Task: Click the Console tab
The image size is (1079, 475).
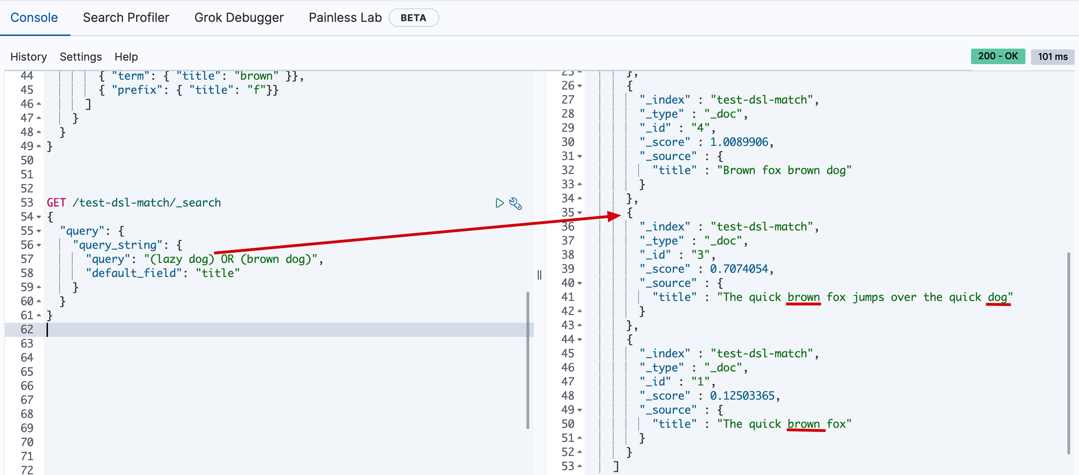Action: (x=34, y=18)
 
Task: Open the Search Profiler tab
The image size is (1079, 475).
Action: (x=126, y=18)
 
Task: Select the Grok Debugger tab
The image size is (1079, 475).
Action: (x=239, y=18)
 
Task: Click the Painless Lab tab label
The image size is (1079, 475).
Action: (x=345, y=18)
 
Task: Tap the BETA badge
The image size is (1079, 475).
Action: (x=413, y=18)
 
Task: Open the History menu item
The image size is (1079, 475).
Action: (x=29, y=56)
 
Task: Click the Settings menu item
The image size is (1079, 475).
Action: (x=81, y=56)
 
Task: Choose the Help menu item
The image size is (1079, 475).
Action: (x=126, y=56)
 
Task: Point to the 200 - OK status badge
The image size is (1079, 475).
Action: (x=998, y=56)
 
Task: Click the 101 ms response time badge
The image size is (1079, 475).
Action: (x=1053, y=56)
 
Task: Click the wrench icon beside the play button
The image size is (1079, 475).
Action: (x=515, y=203)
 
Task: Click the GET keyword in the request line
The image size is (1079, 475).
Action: (x=56, y=203)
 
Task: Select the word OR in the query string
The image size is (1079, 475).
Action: (x=227, y=259)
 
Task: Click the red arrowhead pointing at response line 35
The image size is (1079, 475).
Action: (x=614, y=216)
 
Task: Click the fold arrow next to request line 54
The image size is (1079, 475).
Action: (x=39, y=217)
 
